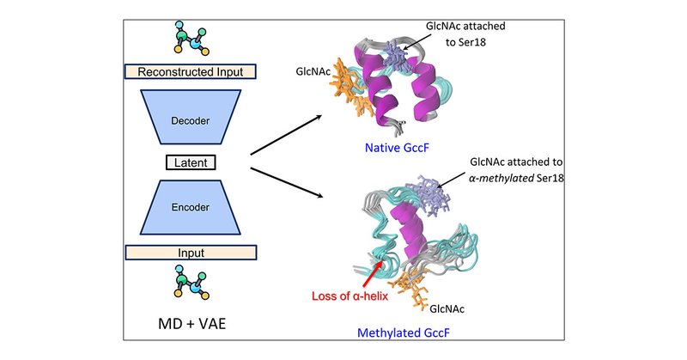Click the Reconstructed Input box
pos(191,72)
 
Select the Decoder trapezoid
pos(191,116)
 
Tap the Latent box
pos(191,162)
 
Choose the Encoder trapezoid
pos(191,207)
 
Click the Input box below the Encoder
pos(191,252)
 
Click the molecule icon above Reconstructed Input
pos(191,40)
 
